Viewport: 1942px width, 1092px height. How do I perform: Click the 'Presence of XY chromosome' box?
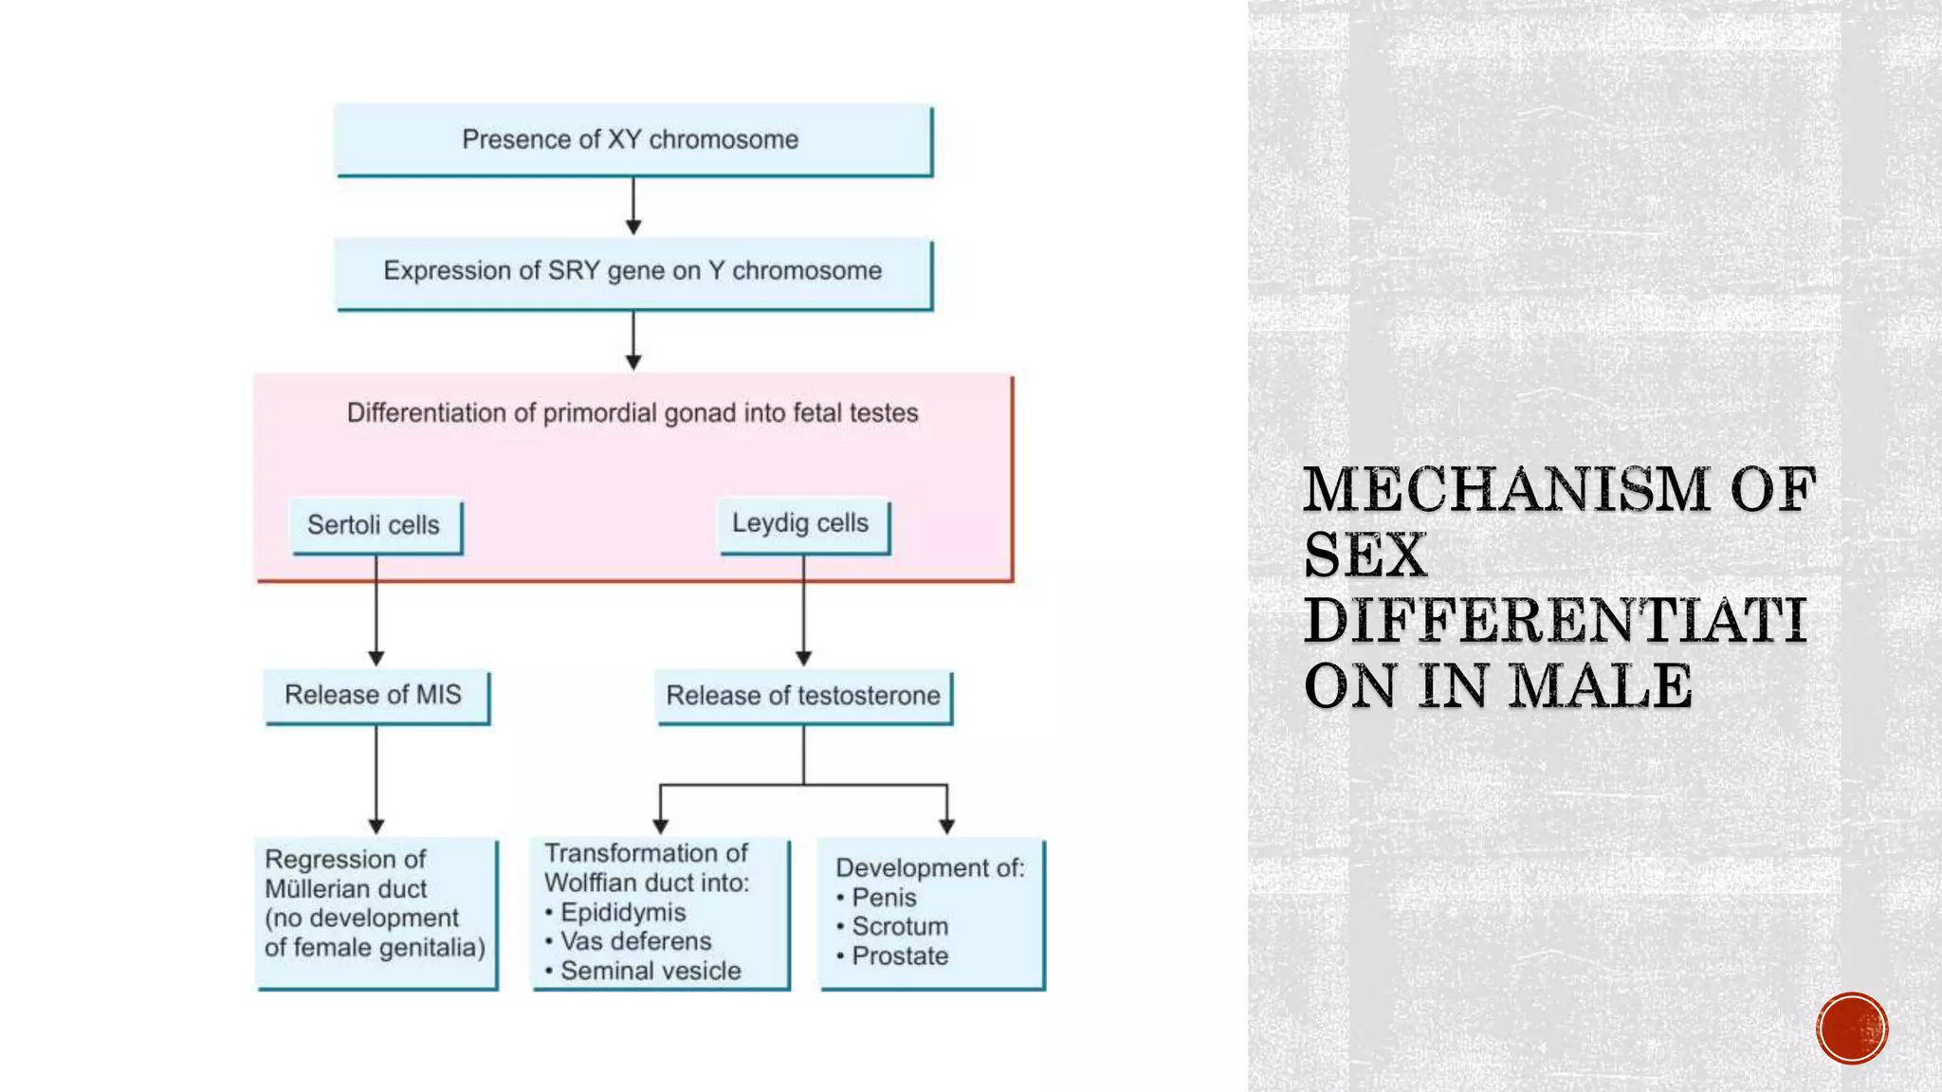pos(632,140)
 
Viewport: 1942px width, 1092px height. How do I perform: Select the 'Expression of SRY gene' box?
pos(632,272)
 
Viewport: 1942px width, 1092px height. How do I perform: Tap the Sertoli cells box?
pos(375,525)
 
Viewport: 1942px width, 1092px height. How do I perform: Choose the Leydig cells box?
pos(801,523)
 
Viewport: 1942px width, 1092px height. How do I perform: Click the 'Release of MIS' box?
pos(375,696)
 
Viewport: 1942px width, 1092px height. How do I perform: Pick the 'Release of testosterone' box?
pos(803,696)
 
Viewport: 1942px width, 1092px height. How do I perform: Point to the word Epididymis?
pos(623,913)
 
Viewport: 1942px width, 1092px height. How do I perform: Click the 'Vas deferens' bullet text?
pos(635,941)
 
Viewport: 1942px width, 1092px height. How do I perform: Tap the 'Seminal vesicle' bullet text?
pos(650,971)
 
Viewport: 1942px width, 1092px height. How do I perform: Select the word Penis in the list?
pos(884,898)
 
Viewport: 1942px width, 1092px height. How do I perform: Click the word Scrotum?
pos(900,926)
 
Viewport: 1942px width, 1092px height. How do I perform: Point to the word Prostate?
pos(900,955)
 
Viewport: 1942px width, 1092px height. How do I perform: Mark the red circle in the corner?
pos(1852,1028)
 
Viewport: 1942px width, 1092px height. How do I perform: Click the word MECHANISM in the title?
pos(1507,490)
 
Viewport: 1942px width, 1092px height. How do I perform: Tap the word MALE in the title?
pos(1601,686)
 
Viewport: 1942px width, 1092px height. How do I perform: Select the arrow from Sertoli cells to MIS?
pos(376,611)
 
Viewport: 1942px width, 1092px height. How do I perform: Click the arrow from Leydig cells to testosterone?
pos(803,611)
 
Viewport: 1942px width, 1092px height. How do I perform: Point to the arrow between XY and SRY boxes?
pos(633,206)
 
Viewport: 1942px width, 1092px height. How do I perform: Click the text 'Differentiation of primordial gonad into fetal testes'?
pos(632,413)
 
